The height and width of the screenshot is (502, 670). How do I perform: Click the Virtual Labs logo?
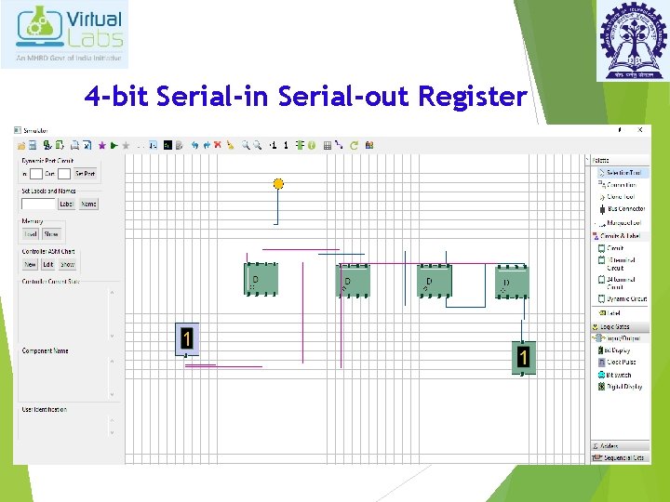pyautogui.click(x=64, y=33)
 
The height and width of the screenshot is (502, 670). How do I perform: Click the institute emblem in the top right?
pyautogui.click(x=632, y=37)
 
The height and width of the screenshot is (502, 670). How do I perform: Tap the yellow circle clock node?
pyautogui.click(x=277, y=184)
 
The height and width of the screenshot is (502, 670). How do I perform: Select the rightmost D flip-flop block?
pyautogui.click(x=511, y=281)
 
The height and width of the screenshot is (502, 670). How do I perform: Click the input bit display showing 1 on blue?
pyautogui.click(x=187, y=339)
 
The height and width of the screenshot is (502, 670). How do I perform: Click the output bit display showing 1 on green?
pyautogui.click(x=524, y=357)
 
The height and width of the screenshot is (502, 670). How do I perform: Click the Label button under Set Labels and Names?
pyautogui.click(x=66, y=204)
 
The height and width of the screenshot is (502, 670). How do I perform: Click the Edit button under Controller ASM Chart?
pyautogui.click(x=48, y=265)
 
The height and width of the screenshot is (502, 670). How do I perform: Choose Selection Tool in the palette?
pyautogui.click(x=622, y=173)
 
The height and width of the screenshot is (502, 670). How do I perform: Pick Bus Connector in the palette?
pyautogui.click(x=625, y=209)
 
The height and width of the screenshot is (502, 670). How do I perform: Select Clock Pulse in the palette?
pyautogui.click(x=622, y=363)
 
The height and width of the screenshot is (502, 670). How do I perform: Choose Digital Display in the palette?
pyautogui.click(x=623, y=387)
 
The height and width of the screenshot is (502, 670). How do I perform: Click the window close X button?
pyautogui.click(x=639, y=130)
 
